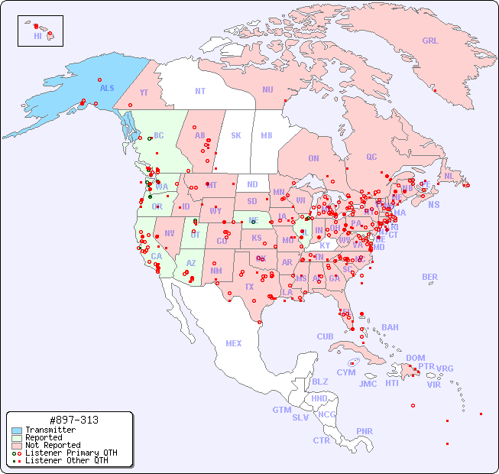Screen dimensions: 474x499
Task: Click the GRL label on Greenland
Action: [430, 41]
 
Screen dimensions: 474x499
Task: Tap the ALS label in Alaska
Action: [107, 88]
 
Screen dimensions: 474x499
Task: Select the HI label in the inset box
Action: [37, 36]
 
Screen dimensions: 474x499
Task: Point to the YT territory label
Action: [144, 93]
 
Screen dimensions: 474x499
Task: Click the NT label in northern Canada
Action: [200, 91]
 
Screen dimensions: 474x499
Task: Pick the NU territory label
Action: [267, 89]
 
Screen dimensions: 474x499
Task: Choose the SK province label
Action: [236, 135]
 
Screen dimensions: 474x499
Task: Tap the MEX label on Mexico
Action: [234, 343]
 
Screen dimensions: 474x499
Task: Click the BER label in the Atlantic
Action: [429, 277]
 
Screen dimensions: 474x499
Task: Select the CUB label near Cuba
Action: [326, 336]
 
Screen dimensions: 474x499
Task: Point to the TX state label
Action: [249, 287]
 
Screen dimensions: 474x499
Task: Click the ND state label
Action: [252, 184]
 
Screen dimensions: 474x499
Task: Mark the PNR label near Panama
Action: [365, 431]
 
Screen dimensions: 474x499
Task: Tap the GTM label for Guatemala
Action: [281, 410]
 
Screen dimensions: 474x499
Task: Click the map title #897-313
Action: [73, 420]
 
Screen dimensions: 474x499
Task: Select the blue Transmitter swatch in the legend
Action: [17, 430]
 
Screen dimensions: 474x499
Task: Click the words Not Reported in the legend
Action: [53, 445]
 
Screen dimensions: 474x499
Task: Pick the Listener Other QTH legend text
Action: [66, 460]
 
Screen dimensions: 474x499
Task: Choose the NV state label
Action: [170, 233]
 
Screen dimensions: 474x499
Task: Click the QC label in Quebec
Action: [371, 157]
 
